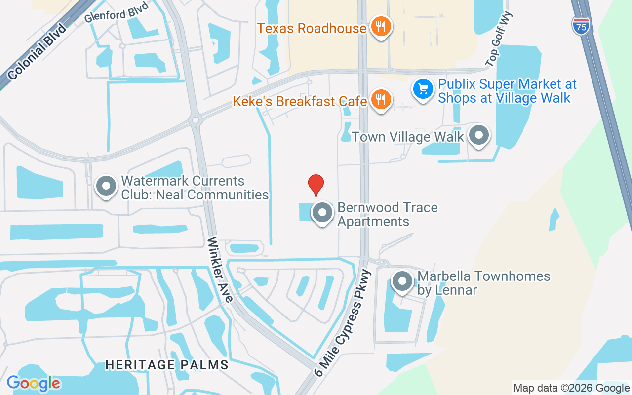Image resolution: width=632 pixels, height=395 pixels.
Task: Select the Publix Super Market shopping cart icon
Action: click(x=423, y=90)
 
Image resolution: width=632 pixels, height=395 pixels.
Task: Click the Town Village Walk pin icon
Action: click(x=478, y=135)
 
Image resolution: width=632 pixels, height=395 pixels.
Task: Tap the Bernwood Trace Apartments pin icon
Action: click(x=323, y=213)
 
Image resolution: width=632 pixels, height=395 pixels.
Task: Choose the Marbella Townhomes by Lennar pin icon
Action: click(x=402, y=281)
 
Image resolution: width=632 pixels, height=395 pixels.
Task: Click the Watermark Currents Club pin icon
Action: click(x=106, y=186)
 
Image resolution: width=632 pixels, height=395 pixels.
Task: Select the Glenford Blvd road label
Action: click(x=116, y=12)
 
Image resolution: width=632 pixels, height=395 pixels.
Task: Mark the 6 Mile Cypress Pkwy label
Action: click(x=343, y=323)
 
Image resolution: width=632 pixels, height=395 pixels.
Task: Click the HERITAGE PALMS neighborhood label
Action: click(x=167, y=365)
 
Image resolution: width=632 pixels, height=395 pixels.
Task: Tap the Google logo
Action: click(x=33, y=384)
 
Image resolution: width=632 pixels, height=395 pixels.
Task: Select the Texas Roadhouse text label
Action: click(x=312, y=28)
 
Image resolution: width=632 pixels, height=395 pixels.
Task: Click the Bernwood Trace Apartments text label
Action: click(x=387, y=214)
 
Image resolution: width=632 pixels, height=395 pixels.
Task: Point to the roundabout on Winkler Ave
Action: click(x=197, y=120)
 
